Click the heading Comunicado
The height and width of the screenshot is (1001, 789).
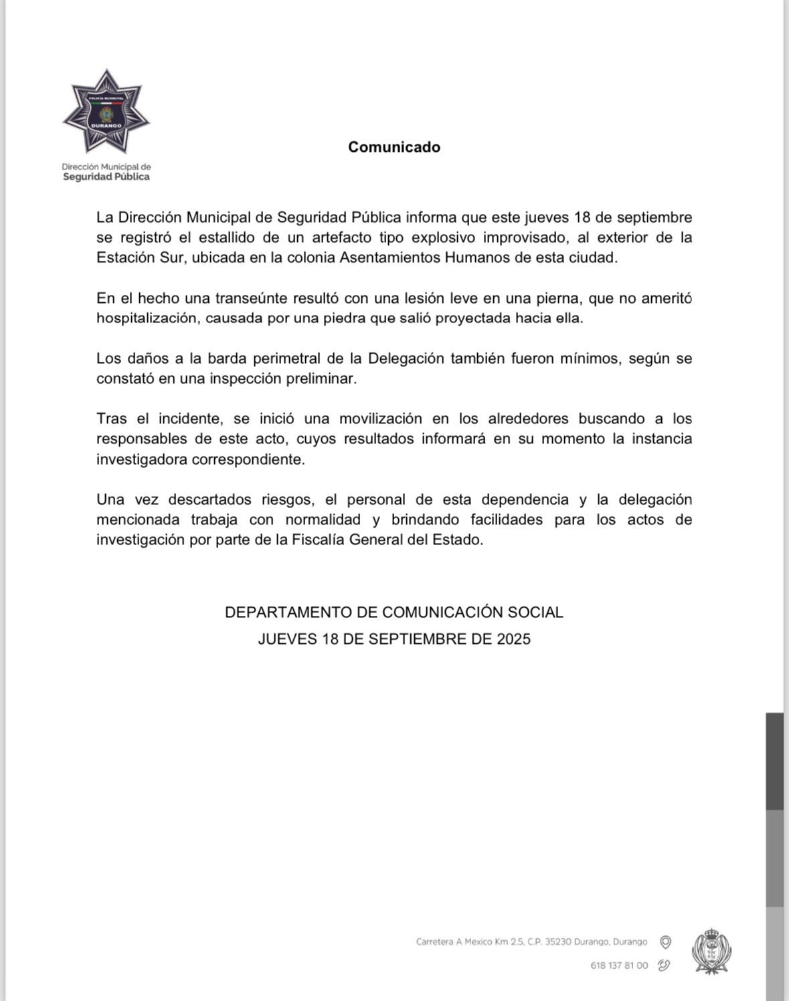pyautogui.click(x=394, y=147)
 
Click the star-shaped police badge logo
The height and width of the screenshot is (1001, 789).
pyautogui.click(x=106, y=111)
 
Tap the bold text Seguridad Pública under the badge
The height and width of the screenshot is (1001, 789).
pyautogui.click(x=106, y=177)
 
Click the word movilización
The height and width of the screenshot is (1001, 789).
pyautogui.click(x=380, y=419)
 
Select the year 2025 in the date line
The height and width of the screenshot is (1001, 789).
pyautogui.click(x=513, y=639)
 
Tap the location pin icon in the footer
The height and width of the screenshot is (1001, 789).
pyautogui.click(x=666, y=942)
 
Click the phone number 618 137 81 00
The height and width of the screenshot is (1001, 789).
pyautogui.click(x=619, y=966)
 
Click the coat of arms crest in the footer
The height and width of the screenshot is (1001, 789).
pyautogui.click(x=711, y=950)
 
